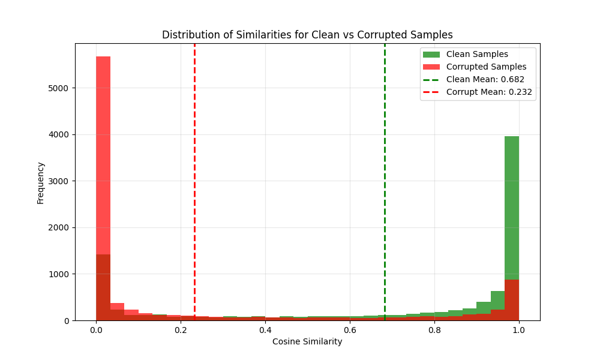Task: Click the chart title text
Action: click(x=307, y=35)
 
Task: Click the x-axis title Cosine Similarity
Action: click(x=307, y=341)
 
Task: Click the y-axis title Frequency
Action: click(x=41, y=182)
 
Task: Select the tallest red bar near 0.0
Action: click(x=103, y=180)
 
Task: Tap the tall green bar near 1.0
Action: click(x=512, y=204)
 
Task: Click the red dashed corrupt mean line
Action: click(x=194, y=180)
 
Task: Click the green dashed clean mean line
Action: click(x=385, y=180)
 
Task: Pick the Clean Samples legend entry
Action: click(x=477, y=54)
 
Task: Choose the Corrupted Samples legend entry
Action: click(x=486, y=67)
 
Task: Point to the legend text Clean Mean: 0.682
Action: click(x=485, y=79)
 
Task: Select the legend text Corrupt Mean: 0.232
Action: click(x=489, y=92)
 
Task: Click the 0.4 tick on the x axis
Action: click(x=265, y=329)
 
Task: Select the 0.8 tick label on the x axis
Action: click(x=434, y=329)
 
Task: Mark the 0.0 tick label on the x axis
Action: click(x=96, y=329)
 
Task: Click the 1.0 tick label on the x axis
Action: click(x=519, y=329)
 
